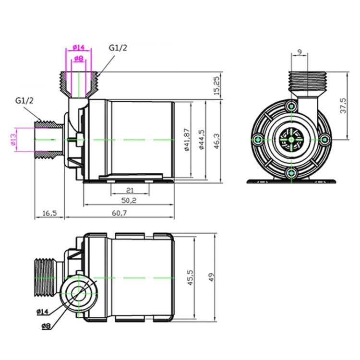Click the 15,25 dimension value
[x=216, y=85]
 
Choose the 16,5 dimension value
[x=49, y=213]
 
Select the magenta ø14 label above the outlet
[x=79, y=47]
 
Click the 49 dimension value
[x=212, y=277]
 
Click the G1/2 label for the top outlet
[x=118, y=48]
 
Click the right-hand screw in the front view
[x=324, y=140]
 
